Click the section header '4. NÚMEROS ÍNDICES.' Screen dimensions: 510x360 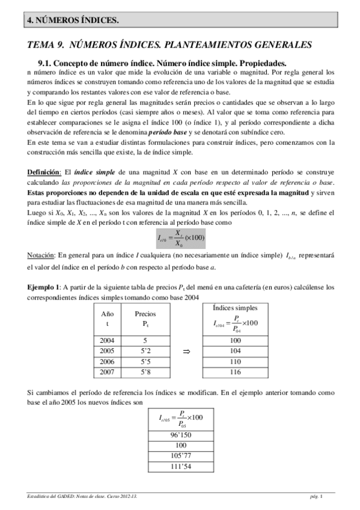(x=72, y=20)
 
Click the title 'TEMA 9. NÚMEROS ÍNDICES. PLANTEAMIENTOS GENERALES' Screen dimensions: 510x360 (x=170, y=45)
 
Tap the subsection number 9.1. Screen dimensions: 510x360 (x=47, y=63)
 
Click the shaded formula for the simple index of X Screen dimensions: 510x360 (x=181, y=238)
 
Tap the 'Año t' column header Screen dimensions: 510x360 (x=108, y=318)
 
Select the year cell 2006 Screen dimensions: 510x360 (x=108, y=362)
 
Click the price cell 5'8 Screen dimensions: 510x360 (x=145, y=373)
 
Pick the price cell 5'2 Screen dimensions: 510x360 (x=145, y=351)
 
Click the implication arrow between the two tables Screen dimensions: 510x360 (x=186, y=351)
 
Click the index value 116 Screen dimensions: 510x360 (x=236, y=373)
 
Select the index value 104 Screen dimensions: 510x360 (x=236, y=351)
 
